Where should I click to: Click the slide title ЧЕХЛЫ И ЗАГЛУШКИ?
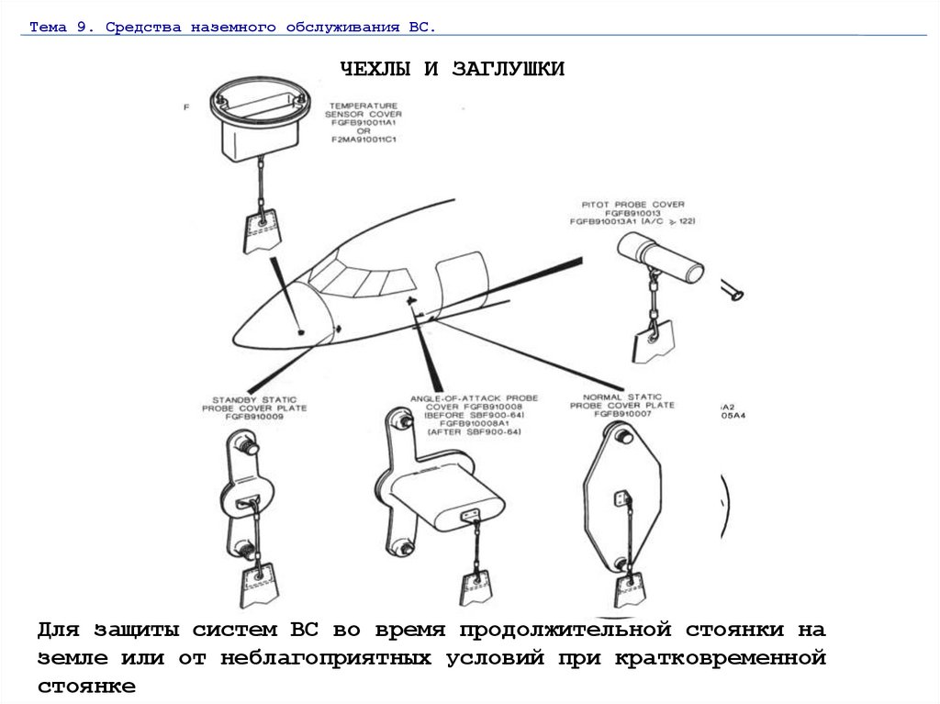453,70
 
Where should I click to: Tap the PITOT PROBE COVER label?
633,204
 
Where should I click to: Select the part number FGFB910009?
254,417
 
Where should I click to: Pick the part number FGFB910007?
622,414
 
